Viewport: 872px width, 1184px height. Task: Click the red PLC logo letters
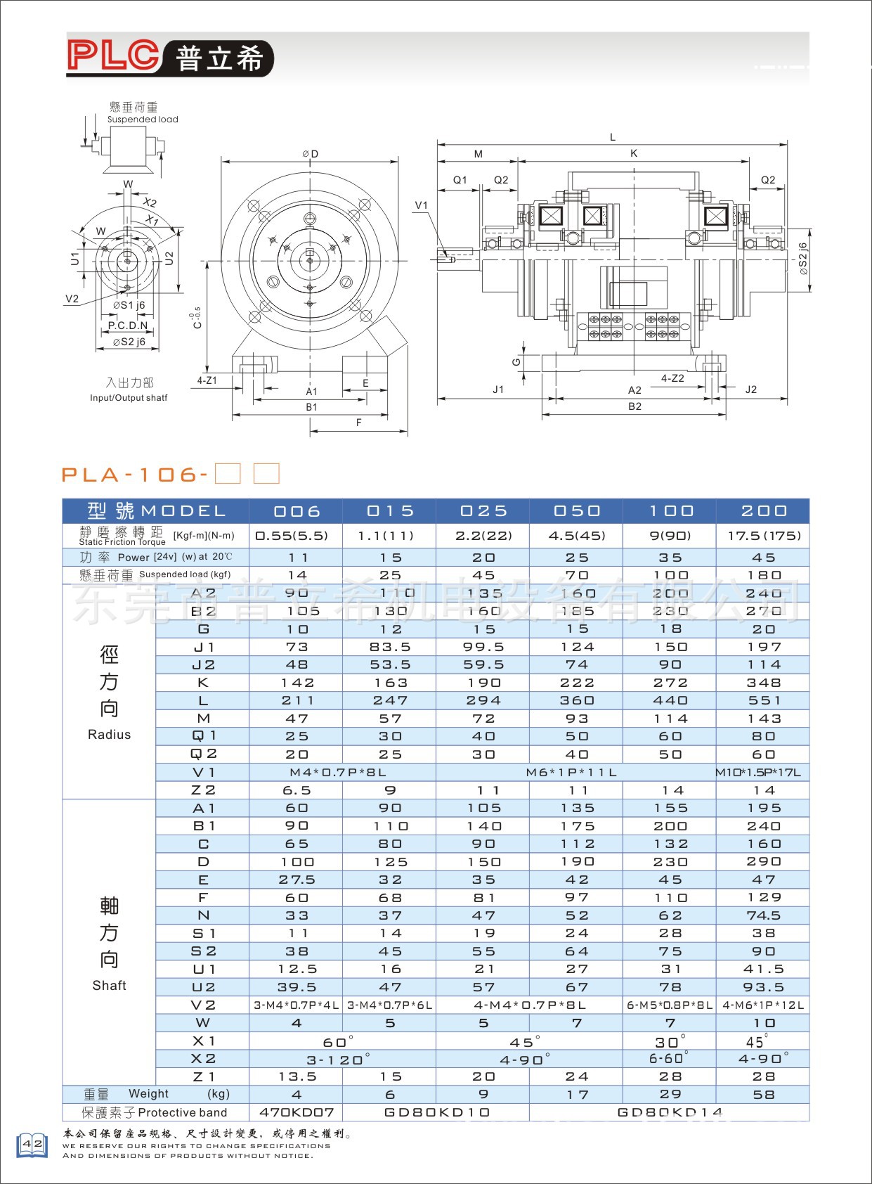(113, 55)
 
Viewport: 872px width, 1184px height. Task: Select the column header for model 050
(576, 511)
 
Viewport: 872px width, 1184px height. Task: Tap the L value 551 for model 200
(763, 700)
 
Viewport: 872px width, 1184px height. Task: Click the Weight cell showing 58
(763, 1095)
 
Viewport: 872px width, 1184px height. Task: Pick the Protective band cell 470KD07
(297, 1112)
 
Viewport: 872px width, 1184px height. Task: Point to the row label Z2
(203, 790)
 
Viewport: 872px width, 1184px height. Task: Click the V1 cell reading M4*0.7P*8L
(342, 772)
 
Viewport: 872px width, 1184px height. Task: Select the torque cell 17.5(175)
(763, 536)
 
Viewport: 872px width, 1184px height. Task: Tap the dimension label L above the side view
(613, 137)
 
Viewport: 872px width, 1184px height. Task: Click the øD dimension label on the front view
(310, 154)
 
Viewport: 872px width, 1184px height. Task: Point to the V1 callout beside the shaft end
(421, 205)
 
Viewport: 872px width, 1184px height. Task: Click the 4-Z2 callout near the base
(672, 378)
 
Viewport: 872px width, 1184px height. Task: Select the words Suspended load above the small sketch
(143, 120)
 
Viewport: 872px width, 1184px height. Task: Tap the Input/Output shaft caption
(129, 398)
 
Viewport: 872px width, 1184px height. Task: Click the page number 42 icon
(32, 1145)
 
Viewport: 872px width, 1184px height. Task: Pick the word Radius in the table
(109, 735)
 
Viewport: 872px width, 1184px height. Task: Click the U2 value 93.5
(763, 987)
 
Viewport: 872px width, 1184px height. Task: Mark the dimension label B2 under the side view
(635, 406)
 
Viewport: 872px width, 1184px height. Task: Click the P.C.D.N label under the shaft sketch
(128, 326)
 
